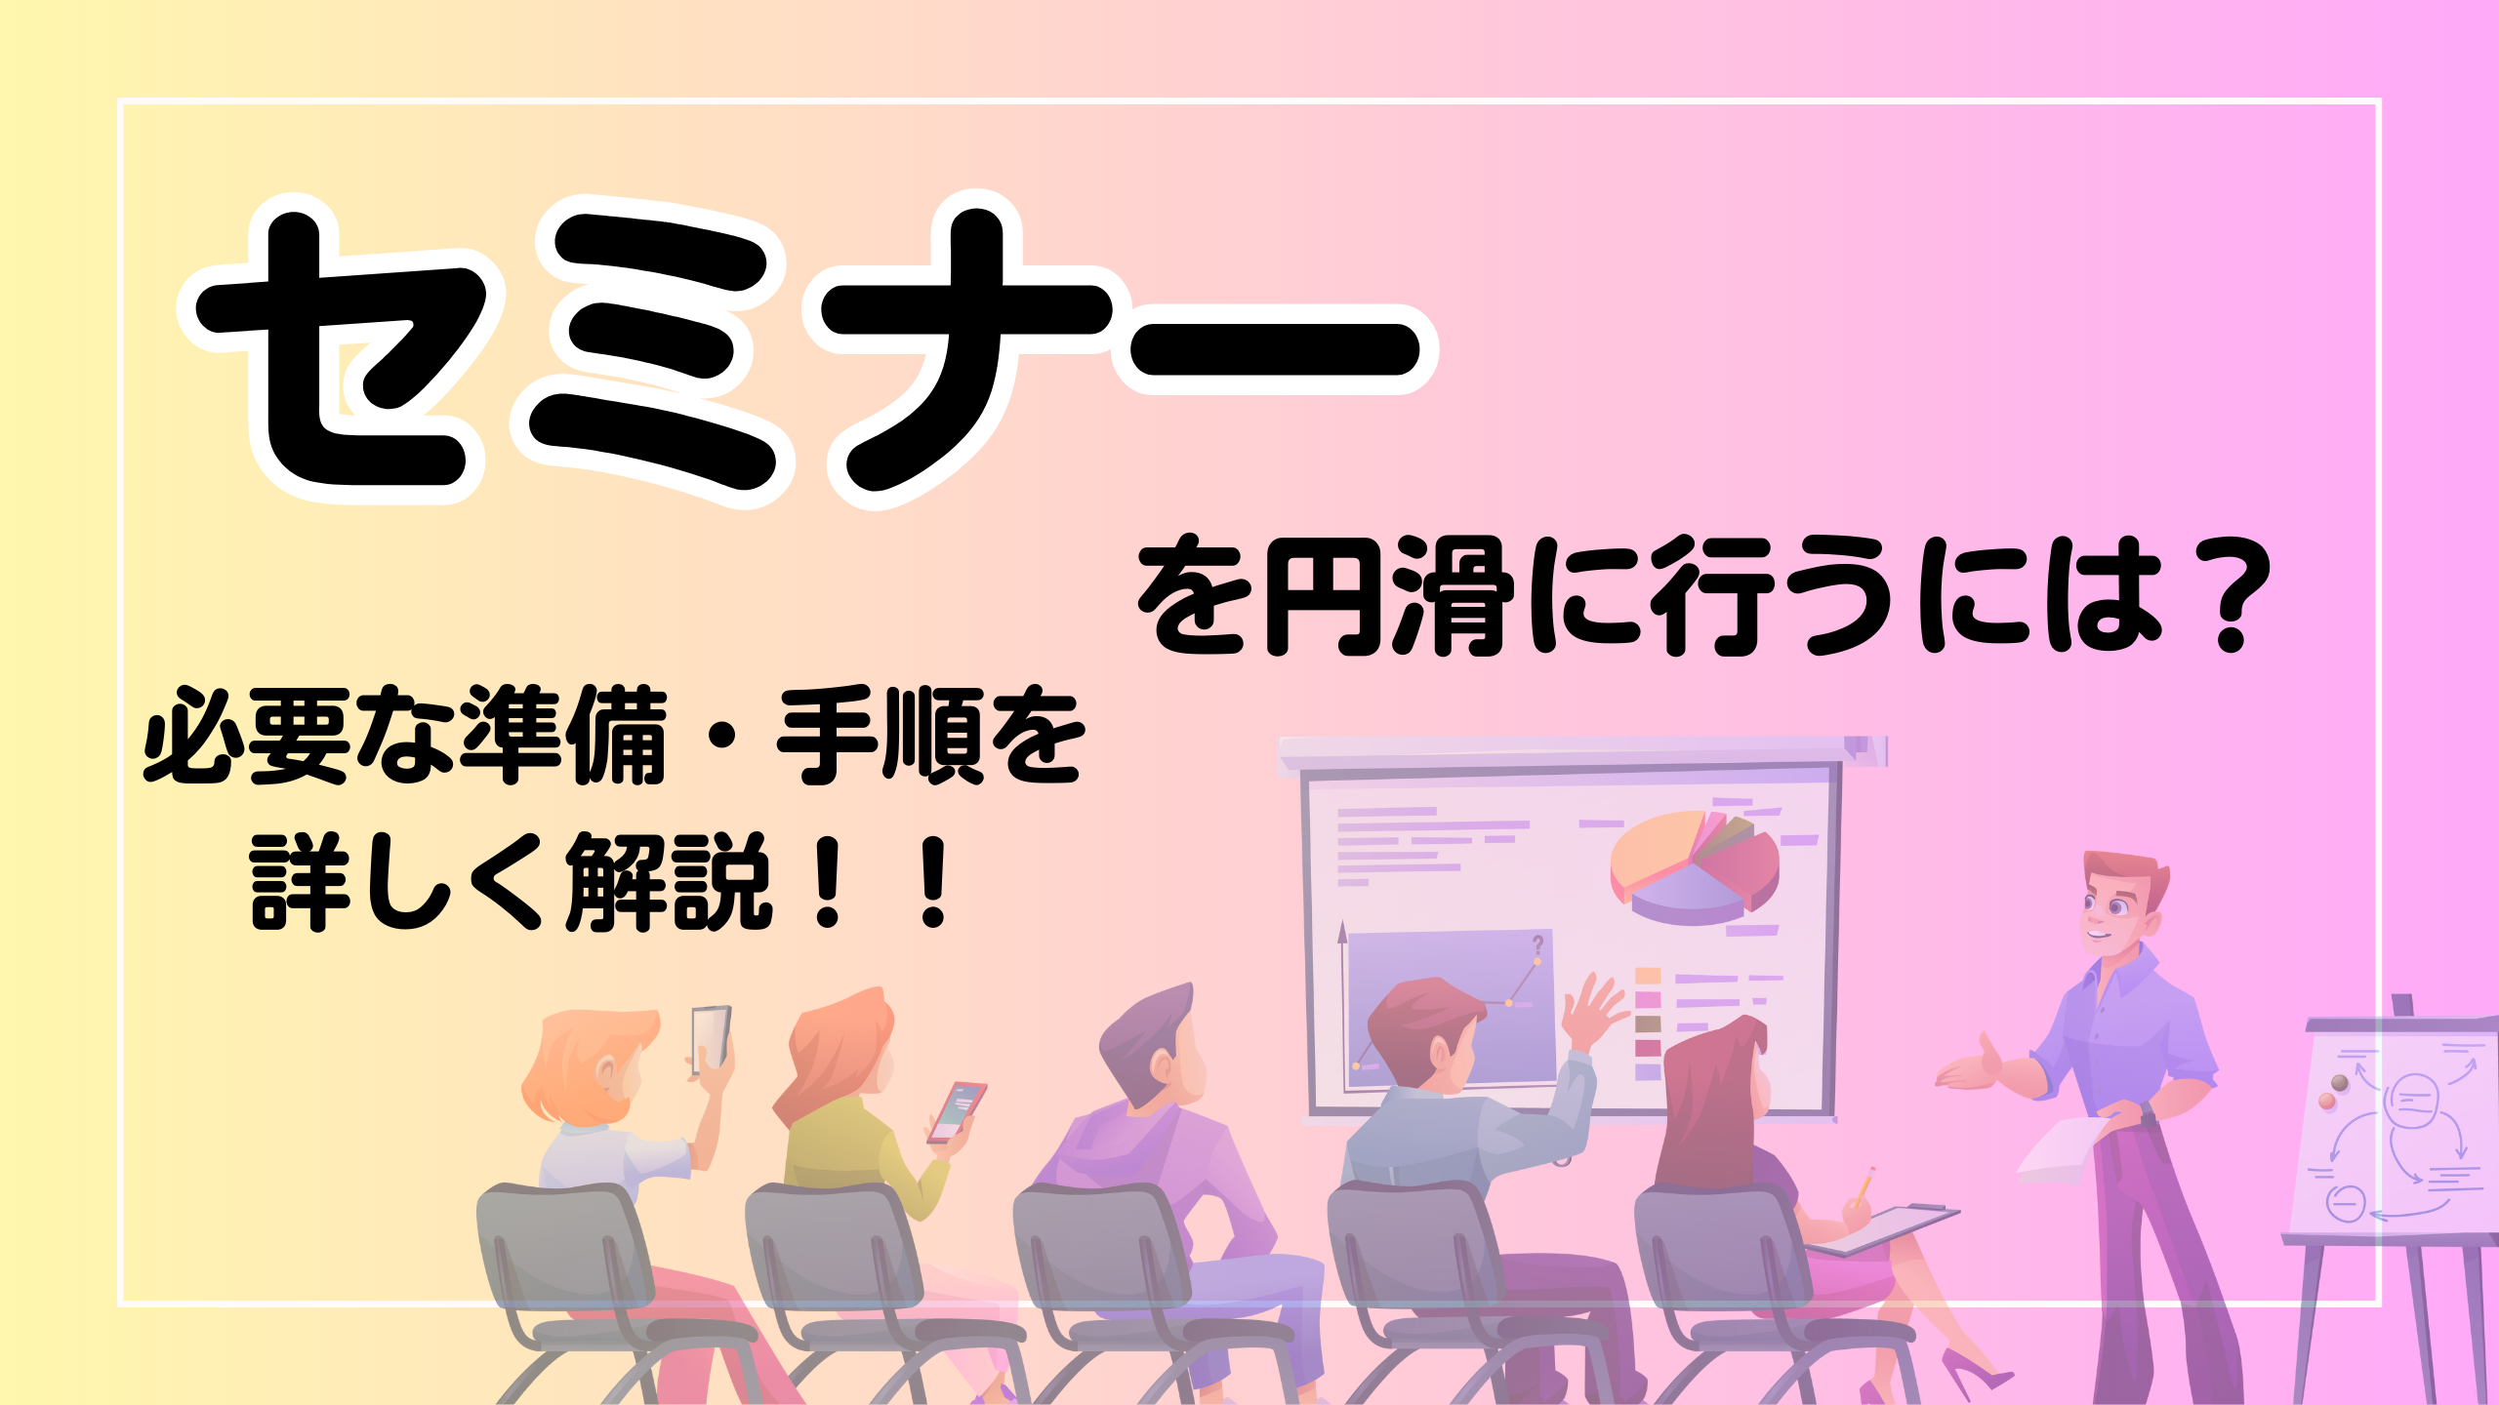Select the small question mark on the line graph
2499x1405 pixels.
1538,944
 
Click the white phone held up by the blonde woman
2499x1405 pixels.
711,1039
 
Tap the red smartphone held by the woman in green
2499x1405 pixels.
957,1111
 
